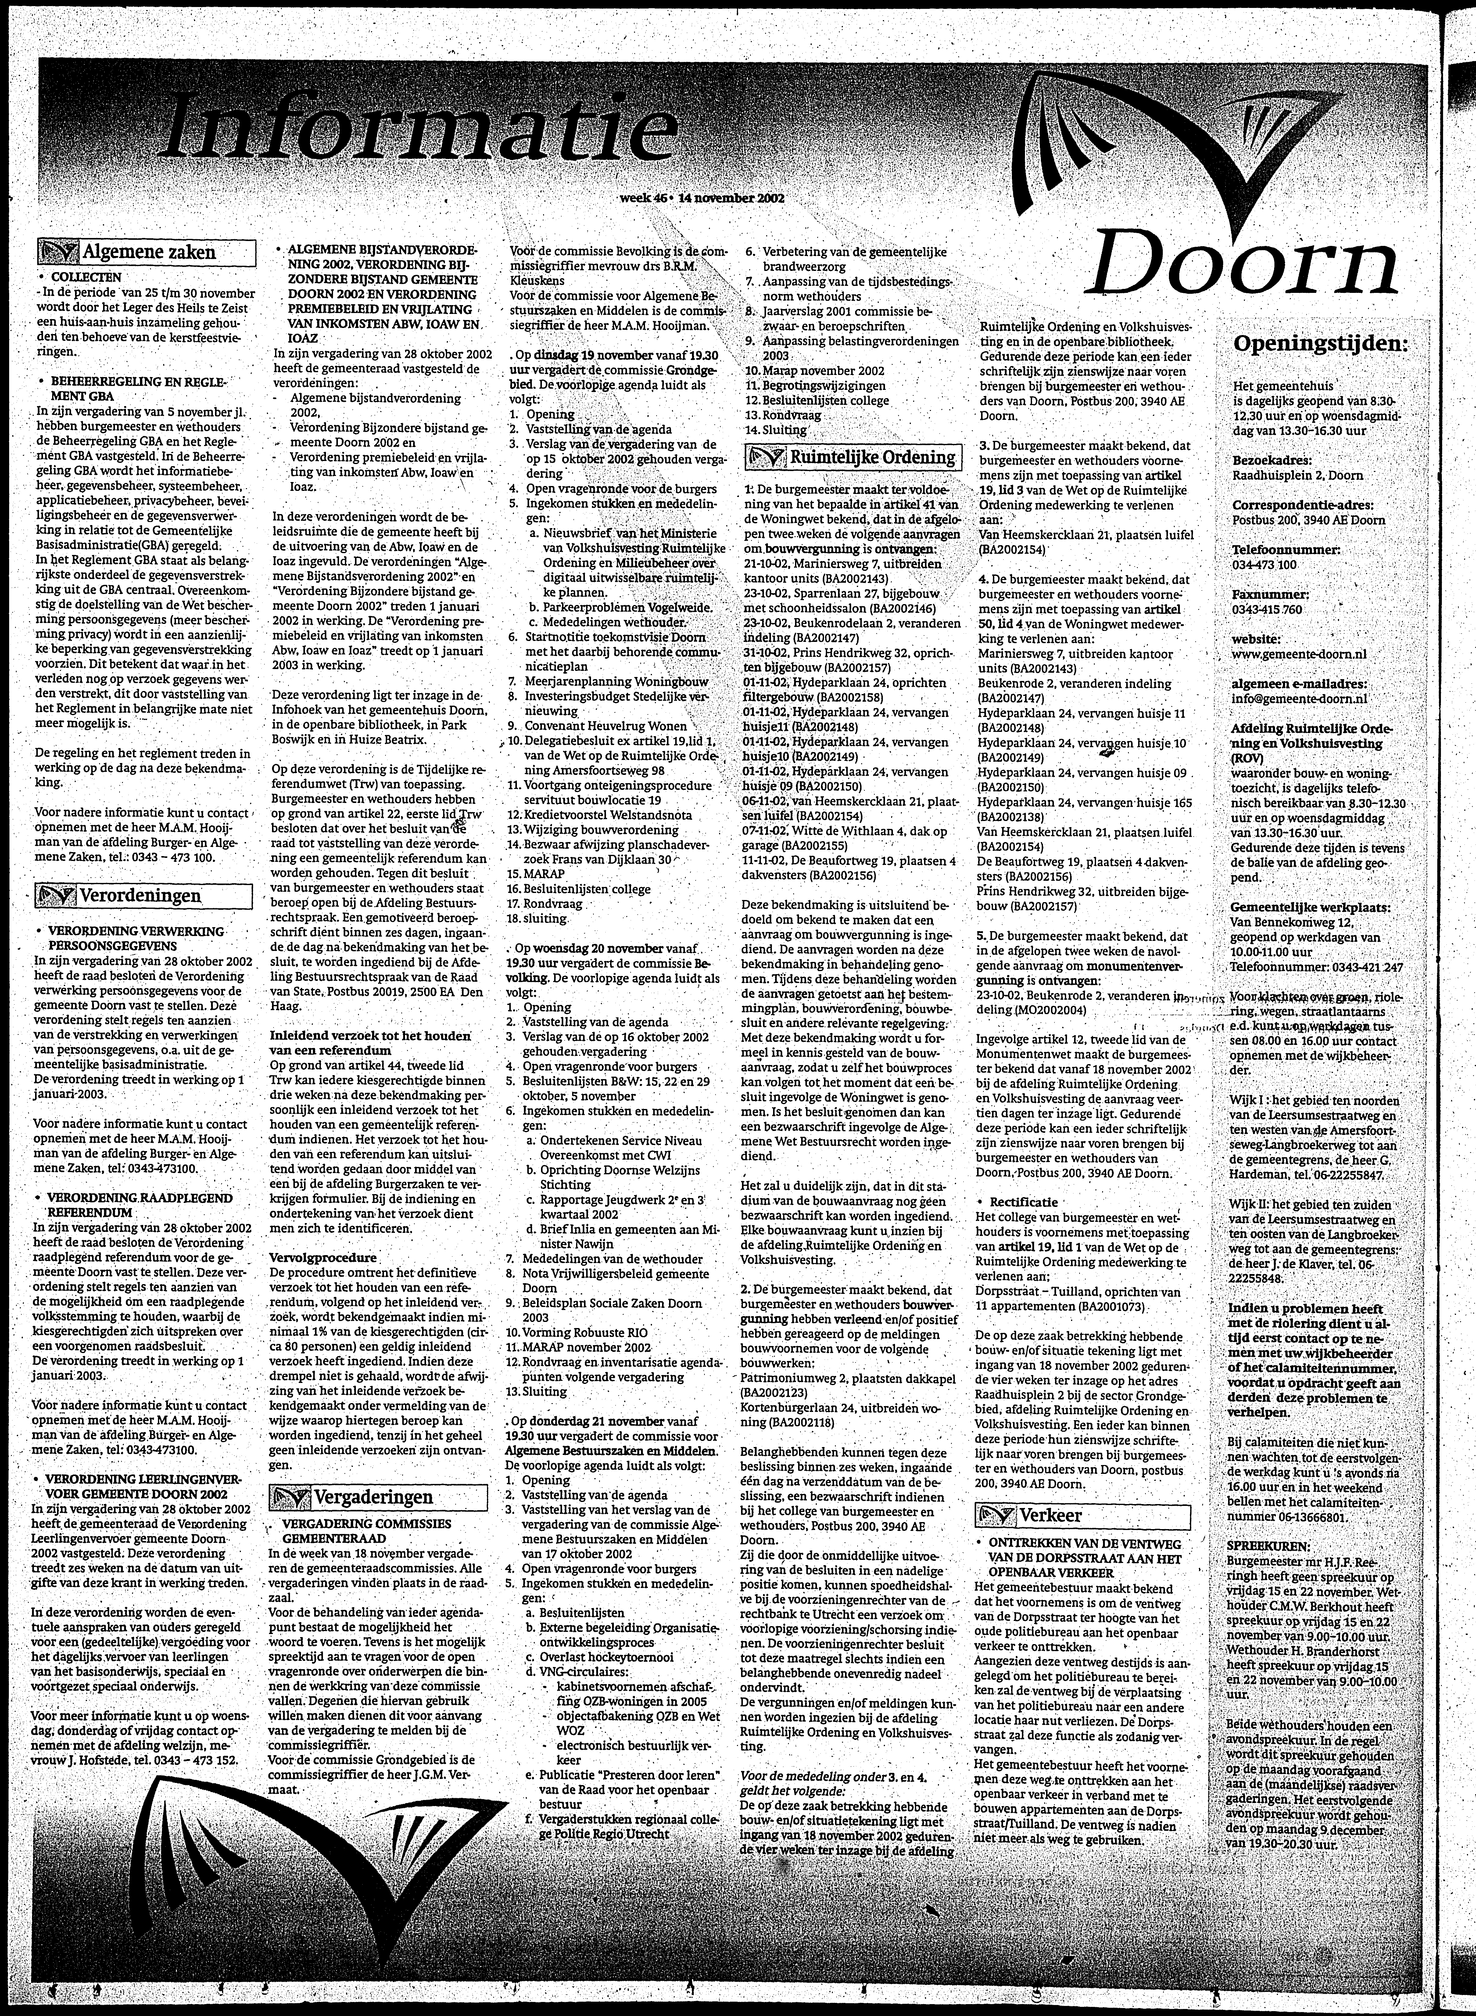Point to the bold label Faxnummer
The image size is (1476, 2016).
point(1270,594)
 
